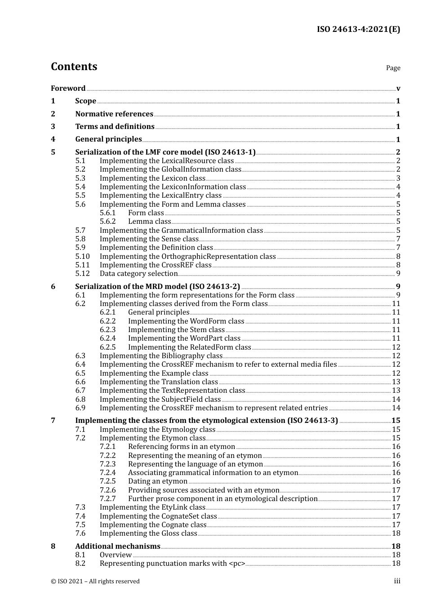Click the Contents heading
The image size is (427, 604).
[74, 67]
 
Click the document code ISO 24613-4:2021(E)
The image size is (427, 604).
[358, 29]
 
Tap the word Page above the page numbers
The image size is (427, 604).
[393, 68]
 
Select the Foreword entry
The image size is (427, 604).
[68, 89]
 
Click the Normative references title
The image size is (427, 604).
[114, 114]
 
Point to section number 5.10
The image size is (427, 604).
[82, 257]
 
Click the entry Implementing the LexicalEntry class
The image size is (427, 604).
[160, 195]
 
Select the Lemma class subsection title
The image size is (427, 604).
[149, 222]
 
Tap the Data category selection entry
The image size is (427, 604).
[138, 274]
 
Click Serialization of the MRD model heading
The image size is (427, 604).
[157, 287]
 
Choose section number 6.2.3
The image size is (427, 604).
[107, 330]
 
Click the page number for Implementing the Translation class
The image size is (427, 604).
[396, 382]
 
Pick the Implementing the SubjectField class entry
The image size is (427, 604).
[160, 400]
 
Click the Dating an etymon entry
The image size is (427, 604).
[157, 481]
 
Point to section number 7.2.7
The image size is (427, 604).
[107, 499]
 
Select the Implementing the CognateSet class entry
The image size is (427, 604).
[158, 516]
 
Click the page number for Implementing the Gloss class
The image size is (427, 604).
[396, 533]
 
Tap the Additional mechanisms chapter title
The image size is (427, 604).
[118, 546]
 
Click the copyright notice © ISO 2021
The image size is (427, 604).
[95, 582]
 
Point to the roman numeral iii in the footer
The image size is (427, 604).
[397, 581]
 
